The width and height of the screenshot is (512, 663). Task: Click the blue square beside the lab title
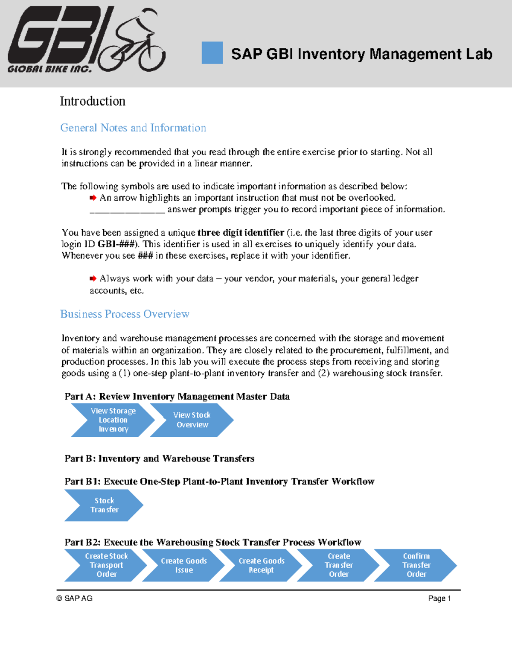[212, 53]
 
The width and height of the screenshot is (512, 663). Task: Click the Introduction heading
[93, 101]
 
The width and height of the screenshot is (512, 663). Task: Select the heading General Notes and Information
[133, 128]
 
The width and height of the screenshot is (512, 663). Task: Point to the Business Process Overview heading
[125, 314]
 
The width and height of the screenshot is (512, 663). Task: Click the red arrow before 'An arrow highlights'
[93, 198]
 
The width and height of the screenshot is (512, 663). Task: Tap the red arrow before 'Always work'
[93, 278]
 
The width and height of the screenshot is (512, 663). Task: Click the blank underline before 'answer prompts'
[127, 210]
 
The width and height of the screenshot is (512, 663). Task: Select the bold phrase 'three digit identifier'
[241, 233]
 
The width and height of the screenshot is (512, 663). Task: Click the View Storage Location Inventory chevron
[113, 420]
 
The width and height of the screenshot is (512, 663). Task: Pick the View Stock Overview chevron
[192, 420]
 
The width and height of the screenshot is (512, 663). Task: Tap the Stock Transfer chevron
[104, 505]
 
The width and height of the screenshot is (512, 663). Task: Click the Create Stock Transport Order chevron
[106, 565]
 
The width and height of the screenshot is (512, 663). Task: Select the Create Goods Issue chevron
[183, 565]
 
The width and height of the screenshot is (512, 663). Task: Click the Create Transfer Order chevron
[338, 565]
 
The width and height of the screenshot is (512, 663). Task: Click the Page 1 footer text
[439, 599]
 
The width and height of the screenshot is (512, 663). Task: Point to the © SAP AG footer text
[75, 599]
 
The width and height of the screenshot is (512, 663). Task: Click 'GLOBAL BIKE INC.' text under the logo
[49, 69]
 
